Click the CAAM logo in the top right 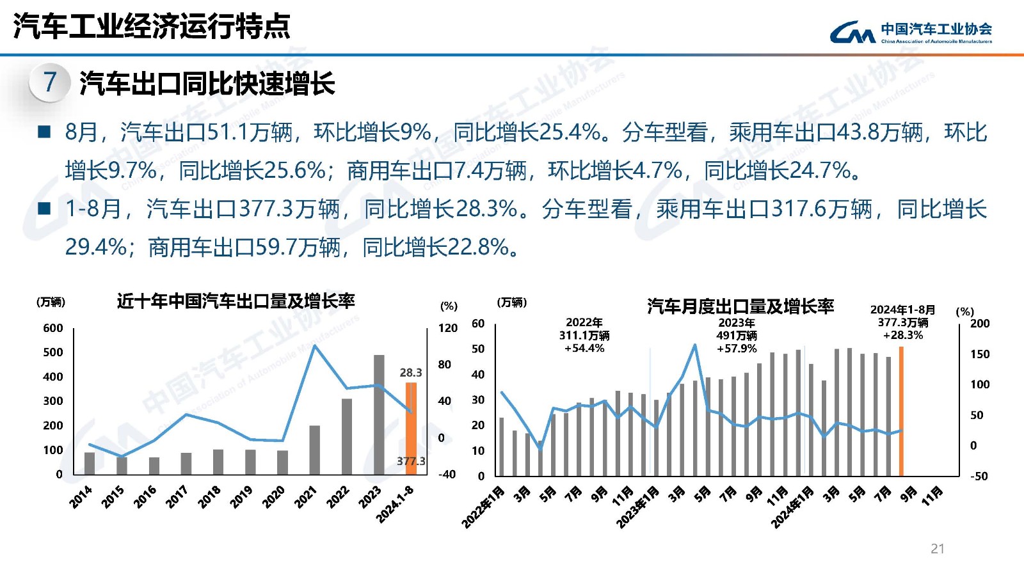[x=910, y=31]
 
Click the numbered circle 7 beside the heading [x=49, y=83]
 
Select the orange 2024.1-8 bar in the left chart [x=411, y=429]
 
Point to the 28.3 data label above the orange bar [x=411, y=372]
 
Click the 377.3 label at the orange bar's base [x=410, y=461]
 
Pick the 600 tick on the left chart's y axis [x=53, y=328]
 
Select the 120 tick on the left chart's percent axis [x=448, y=328]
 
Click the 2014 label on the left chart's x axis [x=81, y=496]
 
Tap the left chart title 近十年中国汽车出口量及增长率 [x=236, y=301]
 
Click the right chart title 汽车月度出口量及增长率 [x=740, y=306]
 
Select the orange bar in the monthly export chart [x=901, y=411]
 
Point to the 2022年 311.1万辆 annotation [x=584, y=335]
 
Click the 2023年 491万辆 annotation [x=737, y=335]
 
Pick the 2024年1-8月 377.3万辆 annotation [x=903, y=322]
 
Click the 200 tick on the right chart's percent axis [x=979, y=324]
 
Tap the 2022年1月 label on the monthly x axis [x=483, y=507]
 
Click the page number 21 [x=938, y=549]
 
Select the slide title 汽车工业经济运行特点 [x=152, y=27]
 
